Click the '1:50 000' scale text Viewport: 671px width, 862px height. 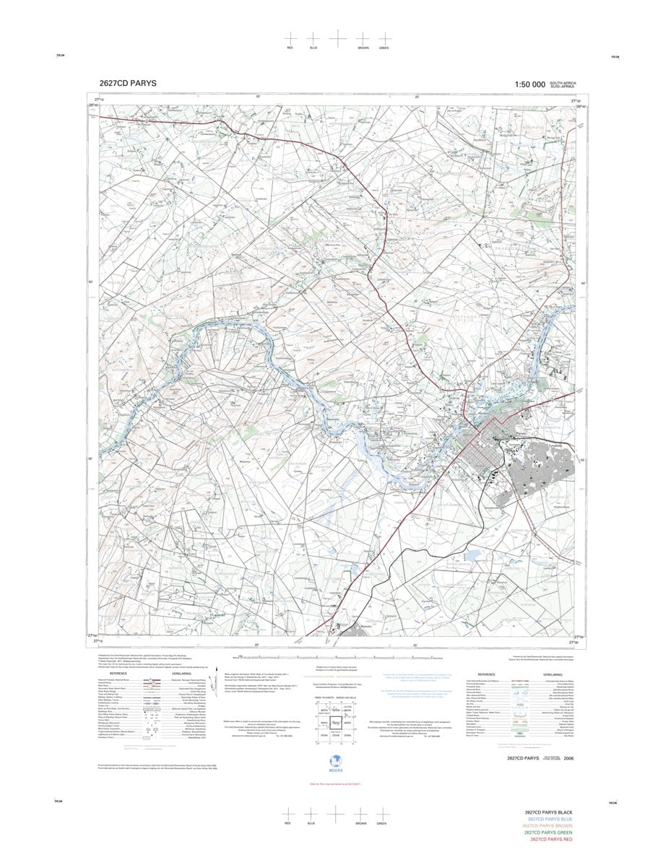coord(529,84)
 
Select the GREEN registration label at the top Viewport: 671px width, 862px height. coord(384,48)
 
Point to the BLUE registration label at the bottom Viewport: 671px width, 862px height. coord(313,823)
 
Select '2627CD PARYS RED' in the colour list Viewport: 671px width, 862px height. coord(551,840)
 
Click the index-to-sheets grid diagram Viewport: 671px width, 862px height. coord(336,723)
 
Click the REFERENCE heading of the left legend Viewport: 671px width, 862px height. coord(118,673)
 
